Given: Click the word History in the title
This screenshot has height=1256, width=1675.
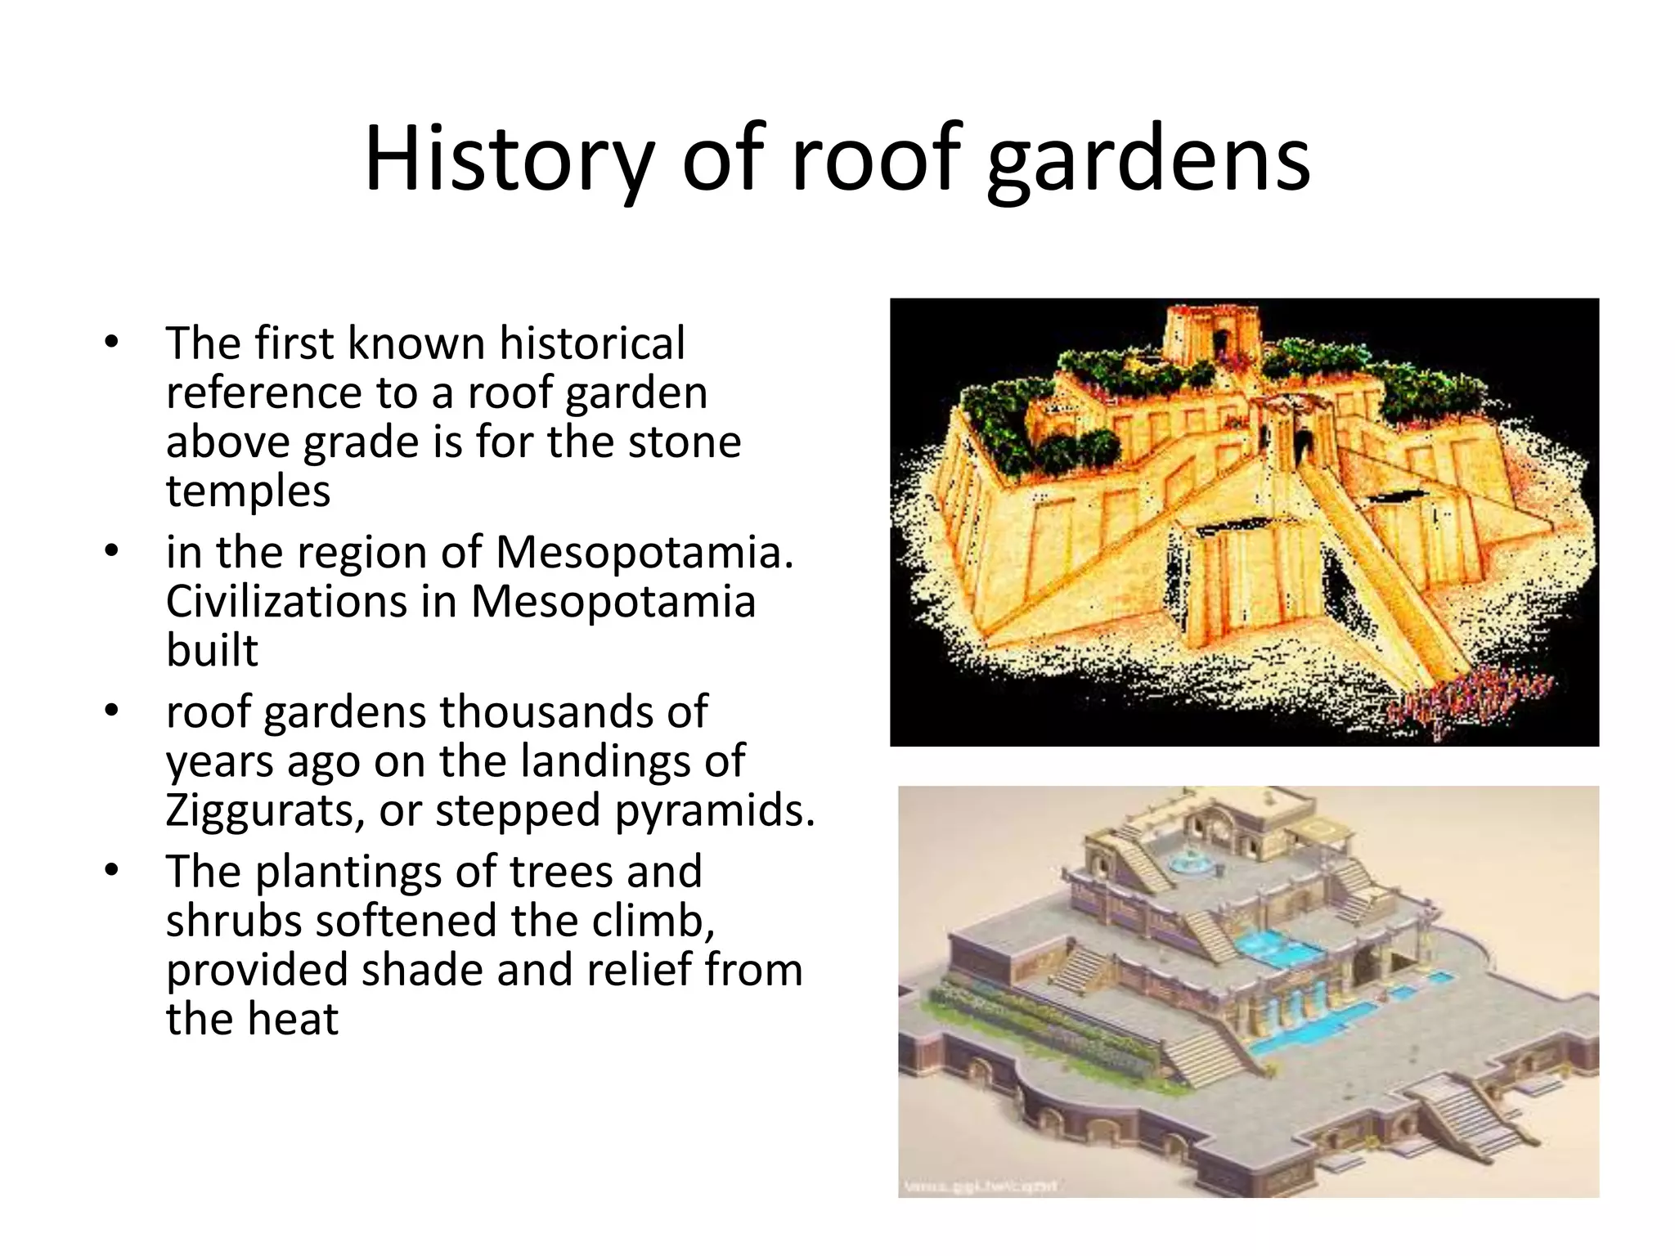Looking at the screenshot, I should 507,159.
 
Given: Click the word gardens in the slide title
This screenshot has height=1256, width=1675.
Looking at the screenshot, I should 1148,159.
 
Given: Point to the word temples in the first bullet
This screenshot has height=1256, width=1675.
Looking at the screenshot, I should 248,491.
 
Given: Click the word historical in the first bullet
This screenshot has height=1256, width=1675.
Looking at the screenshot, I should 591,343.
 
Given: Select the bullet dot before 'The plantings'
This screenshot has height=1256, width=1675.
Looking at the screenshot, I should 111,870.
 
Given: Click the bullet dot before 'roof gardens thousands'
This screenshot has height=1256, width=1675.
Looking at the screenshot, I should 111,711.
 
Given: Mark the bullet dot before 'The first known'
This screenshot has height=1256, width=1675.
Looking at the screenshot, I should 111,342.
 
